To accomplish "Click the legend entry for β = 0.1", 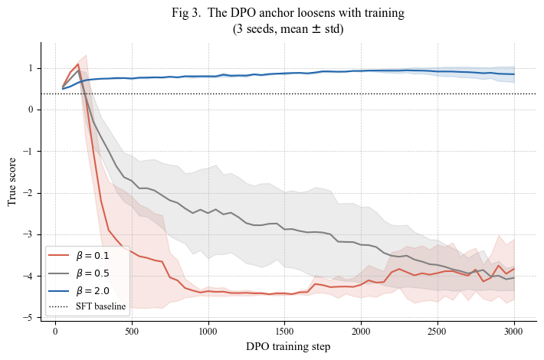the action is pyautogui.click(x=79, y=256).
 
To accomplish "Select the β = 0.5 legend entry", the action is pyautogui.click(x=79, y=273).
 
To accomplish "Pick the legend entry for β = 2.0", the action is pyautogui.click(x=79, y=290).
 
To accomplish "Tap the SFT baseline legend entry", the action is pyautogui.click(x=87, y=306).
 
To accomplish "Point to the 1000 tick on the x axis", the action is pyautogui.click(x=208, y=332).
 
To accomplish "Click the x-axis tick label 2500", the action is pyautogui.click(x=437, y=332).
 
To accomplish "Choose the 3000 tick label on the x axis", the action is pyautogui.click(x=514, y=332).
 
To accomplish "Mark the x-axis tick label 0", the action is pyautogui.click(x=55, y=332).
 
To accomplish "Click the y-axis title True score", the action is pyautogui.click(x=11, y=182).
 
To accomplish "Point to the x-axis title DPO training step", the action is pyautogui.click(x=288, y=346).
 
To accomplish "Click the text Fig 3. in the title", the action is pyautogui.click(x=186, y=13).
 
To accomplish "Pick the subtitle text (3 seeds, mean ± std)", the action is pyautogui.click(x=288, y=29).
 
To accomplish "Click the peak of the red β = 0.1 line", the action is pyautogui.click(x=78, y=64).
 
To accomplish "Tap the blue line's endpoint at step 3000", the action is pyautogui.click(x=514, y=74).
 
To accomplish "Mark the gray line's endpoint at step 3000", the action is pyautogui.click(x=514, y=278).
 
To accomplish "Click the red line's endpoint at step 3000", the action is pyautogui.click(x=514, y=269).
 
